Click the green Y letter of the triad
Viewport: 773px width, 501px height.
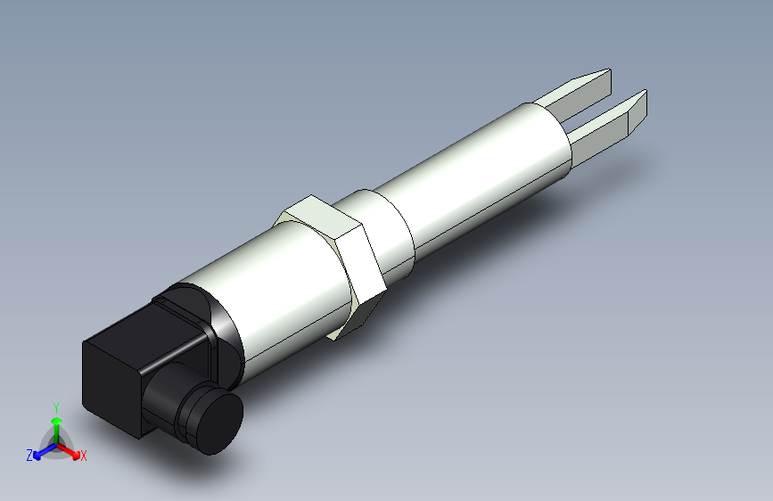pyautogui.click(x=55, y=406)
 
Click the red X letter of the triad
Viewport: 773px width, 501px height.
pyautogui.click(x=84, y=456)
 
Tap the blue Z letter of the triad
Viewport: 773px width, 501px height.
pyautogui.click(x=29, y=456)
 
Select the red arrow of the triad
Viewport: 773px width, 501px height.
pyautogui.click(x=70, y=450)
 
